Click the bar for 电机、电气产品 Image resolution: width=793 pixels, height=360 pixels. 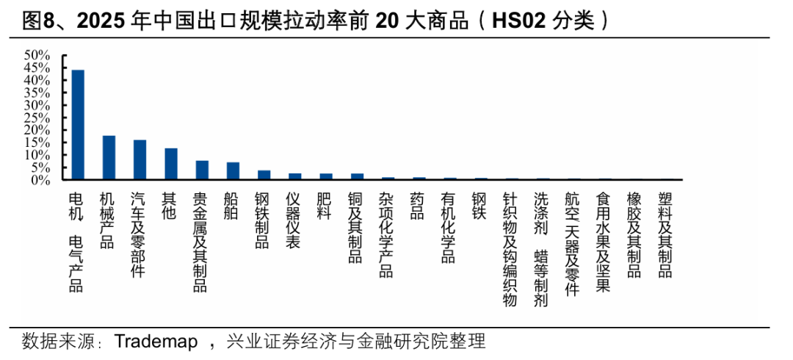point(77,125)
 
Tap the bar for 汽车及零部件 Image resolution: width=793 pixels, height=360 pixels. point(140,159)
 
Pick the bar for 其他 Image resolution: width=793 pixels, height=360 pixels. point(170,164)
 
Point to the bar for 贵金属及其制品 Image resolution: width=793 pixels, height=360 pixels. point(202,170)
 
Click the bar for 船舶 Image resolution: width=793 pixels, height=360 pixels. point(233,170)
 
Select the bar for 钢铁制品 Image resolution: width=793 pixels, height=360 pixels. point(264,175)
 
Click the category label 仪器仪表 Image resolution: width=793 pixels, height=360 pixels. point(294,220)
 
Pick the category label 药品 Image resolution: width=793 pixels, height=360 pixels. point(418,206)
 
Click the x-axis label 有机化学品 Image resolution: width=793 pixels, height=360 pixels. point(449,228)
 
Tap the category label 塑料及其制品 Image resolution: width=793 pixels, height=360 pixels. point(665,235)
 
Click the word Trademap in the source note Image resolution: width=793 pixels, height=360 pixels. point(156,342)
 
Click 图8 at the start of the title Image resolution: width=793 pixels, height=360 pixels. point(38,21)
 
